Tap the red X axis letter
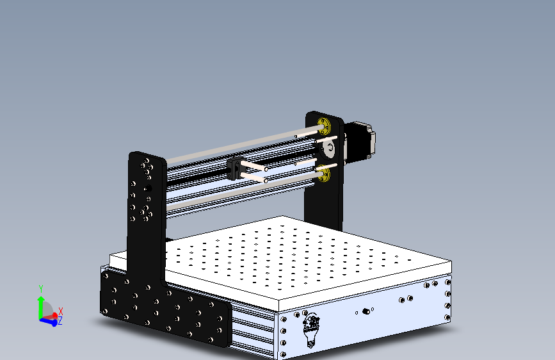[61, 311]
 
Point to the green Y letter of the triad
[41, 289]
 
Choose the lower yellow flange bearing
[324, 173]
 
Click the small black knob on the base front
[367, 311]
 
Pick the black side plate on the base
[166, 311]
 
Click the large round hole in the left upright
[147, 189]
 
